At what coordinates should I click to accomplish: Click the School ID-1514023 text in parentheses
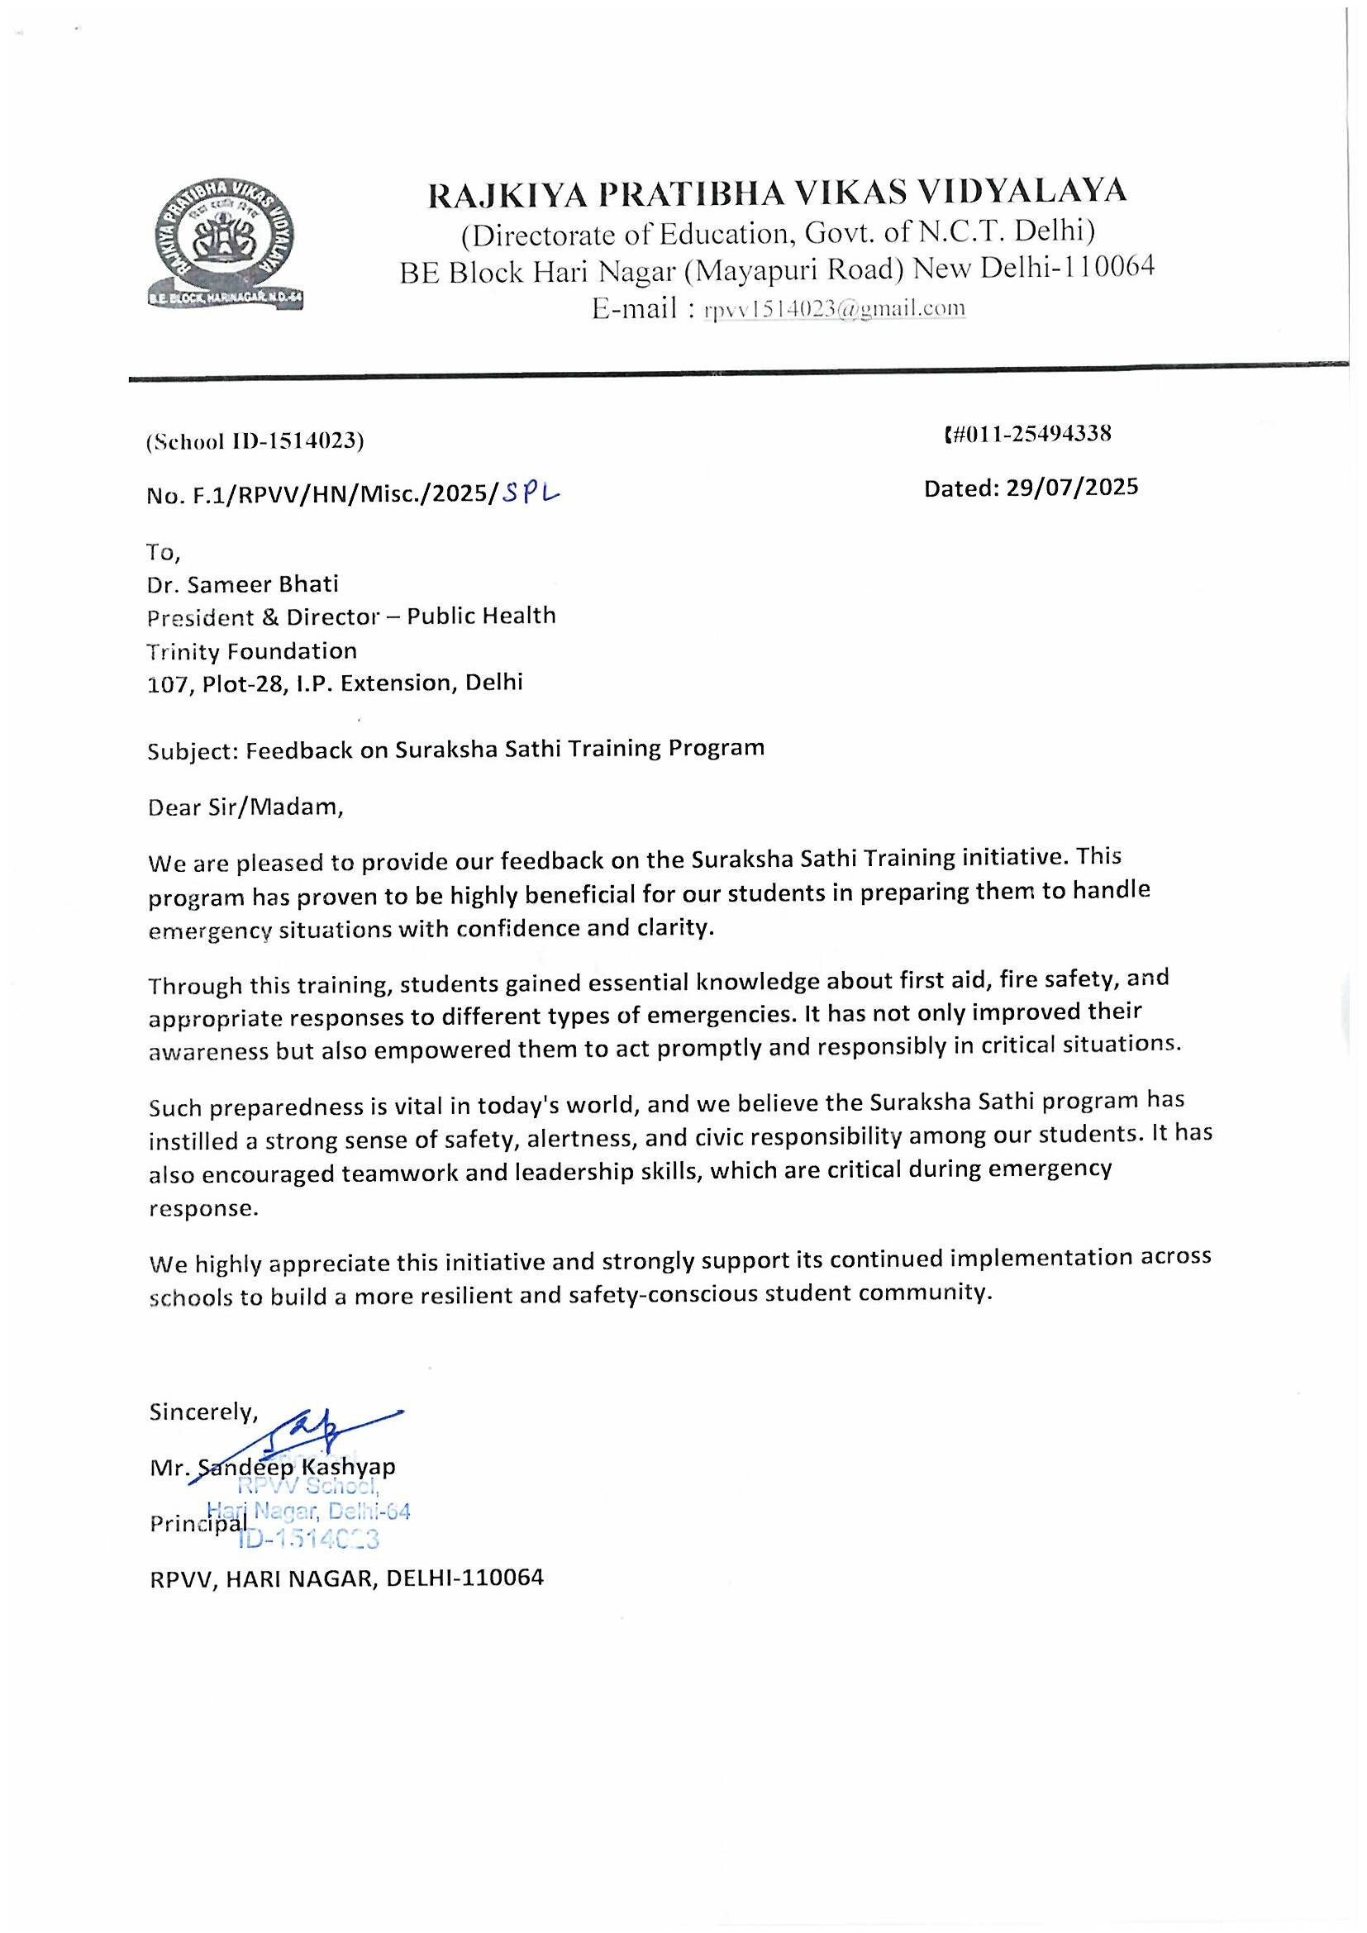(x=255, y=441)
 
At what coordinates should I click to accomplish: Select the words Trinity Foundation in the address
(x=252, y=650)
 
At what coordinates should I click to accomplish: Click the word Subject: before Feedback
(x=193, y=750)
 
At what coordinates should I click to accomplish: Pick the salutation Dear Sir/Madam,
(x=245, y=807)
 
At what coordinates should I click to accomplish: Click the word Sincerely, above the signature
(x=202, y=1412)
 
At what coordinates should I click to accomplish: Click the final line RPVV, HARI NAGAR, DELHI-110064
(x=347, y=1578)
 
